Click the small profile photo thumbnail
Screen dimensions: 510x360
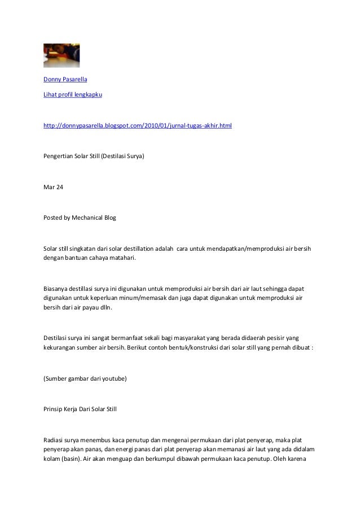[62, 55]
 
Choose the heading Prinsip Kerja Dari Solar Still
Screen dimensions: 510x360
[80, 407]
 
